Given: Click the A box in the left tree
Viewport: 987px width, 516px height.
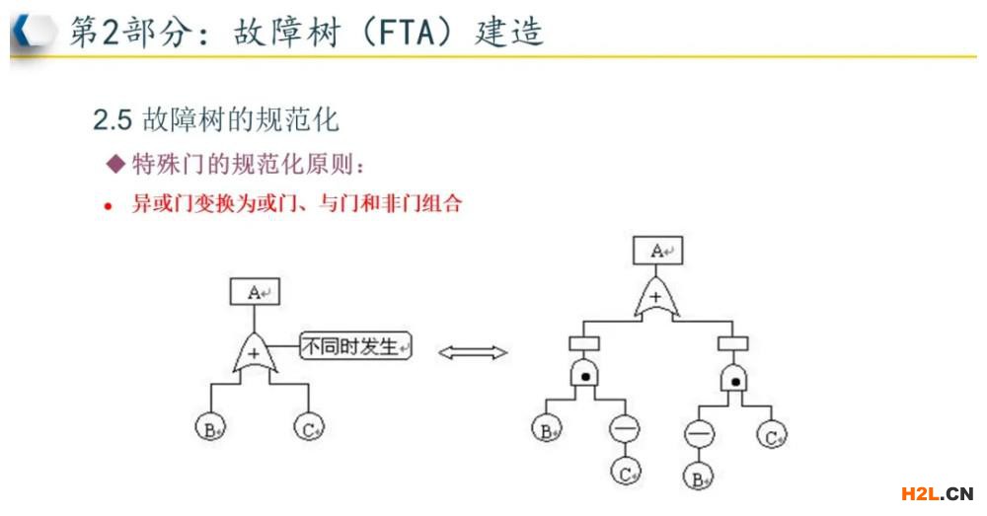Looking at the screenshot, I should coord(255,292).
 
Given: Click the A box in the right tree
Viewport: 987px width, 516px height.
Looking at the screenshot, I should coord(657,251).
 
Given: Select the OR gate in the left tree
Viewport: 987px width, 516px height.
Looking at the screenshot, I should coord(256,353).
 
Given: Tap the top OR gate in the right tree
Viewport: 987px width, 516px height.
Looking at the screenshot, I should coord(656,296).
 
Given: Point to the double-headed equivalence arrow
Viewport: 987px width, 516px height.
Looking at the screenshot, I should coord(472,352).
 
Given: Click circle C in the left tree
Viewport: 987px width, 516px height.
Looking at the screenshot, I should coord(308,428).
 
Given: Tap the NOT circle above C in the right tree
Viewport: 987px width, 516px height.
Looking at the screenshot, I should coord(624,428).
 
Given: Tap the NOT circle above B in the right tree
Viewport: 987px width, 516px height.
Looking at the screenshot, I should coord(697,433).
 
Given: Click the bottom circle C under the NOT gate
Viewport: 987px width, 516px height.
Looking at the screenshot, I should coord(624,473).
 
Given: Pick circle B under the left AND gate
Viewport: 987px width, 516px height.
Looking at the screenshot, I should coord(544,429).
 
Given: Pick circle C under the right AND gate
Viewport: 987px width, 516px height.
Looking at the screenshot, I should coord(772,433).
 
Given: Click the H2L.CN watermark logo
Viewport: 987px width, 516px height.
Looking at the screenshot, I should coord(937,493).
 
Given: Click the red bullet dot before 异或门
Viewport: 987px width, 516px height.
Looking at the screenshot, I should coord(110,207).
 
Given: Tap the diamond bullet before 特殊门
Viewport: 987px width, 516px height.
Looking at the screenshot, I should coord(115,162).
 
